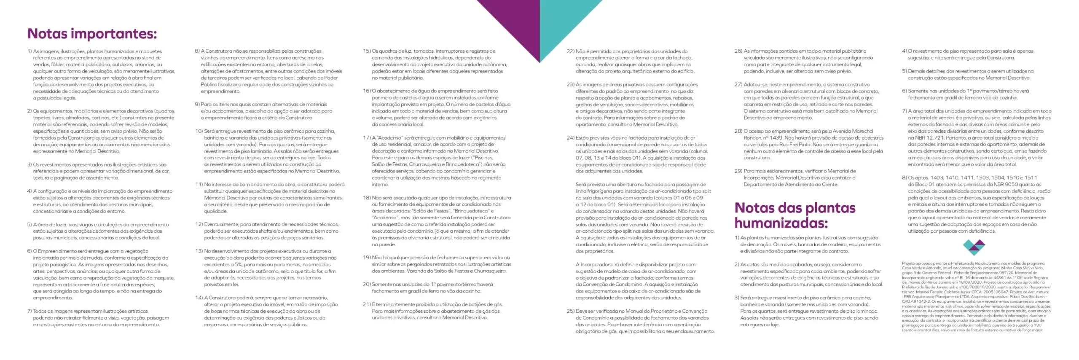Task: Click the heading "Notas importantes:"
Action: (92, 34)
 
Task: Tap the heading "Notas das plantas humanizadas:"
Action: (795, 215)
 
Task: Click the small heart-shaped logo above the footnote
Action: (974, 247)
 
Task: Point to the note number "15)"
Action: (366, 51)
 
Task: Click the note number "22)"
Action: (570, 51)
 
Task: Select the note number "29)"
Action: (738, 171)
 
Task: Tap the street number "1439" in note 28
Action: (776, 138)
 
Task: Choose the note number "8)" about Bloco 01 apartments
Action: (905, 178)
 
